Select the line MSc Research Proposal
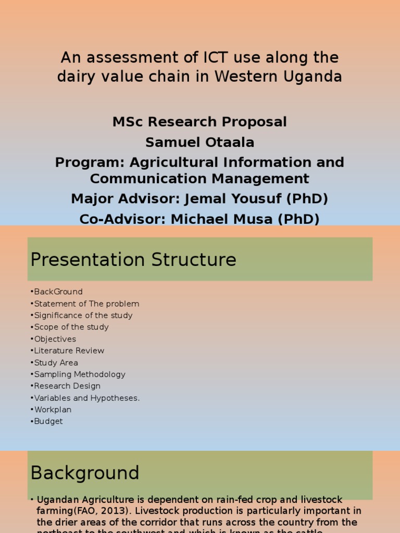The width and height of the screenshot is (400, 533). click(199, 122)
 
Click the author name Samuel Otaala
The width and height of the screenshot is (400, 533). click(199, 142)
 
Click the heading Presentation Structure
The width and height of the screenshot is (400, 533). click(133, 260)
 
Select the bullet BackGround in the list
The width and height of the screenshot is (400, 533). click(58, 291)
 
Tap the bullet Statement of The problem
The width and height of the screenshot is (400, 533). click(86, 303)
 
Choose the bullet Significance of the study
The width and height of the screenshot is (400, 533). click(83, 315)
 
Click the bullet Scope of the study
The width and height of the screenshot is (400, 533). click(71, 327)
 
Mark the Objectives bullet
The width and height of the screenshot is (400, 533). click(55, 339)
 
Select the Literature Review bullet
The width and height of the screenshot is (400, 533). click(69, 351)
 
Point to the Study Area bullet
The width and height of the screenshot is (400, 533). click(56, 363)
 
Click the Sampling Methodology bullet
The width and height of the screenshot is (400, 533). click(79, 374)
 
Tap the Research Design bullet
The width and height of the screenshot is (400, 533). click(67, 386)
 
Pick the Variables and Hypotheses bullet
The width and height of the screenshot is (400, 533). click(86, 398)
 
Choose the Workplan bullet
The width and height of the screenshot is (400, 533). click(53, 410)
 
